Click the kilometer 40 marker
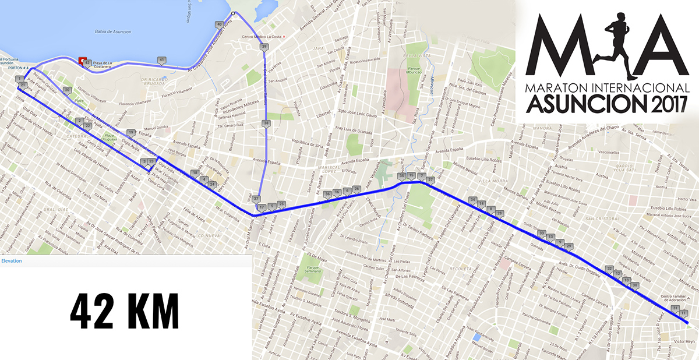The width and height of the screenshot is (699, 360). pos(219,24)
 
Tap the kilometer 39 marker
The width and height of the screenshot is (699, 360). pos(264,47)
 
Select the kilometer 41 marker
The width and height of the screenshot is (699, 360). pos(161,60)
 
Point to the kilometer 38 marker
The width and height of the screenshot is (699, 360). pos(266,123)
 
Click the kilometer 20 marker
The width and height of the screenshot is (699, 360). pos(68,90)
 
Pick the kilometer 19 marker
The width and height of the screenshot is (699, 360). pos(131,132)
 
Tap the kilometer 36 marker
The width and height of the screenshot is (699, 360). pos(327,193)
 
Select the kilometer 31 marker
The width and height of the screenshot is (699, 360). pos(675,308)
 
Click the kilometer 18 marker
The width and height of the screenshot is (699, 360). pos(195,172)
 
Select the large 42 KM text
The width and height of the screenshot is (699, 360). pos(124,312)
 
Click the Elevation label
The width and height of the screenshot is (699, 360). pos(12,261)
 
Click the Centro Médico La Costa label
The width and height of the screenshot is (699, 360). pos(262,37)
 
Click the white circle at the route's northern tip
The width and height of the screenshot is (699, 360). pos(233,13)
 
